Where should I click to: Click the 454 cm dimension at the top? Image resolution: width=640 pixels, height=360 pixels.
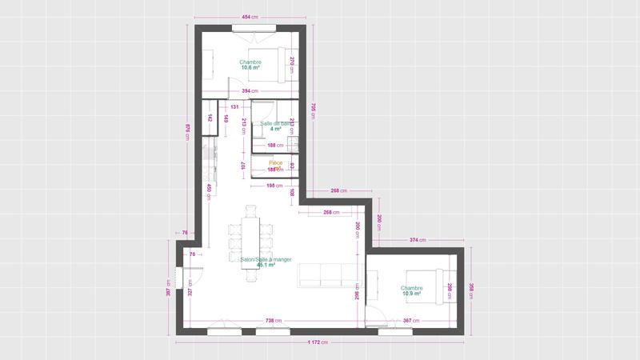[250, 17]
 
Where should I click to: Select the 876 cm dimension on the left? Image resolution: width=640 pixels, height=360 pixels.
[187, 131]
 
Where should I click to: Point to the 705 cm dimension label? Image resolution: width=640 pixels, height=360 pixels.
[314, 110]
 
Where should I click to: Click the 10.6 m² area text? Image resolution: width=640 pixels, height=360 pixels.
[250, 68]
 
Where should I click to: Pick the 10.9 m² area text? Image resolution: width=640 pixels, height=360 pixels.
[412, 294]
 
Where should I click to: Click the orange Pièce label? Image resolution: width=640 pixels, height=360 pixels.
[275, 162]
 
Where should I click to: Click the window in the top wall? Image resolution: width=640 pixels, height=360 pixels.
[250, 28]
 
